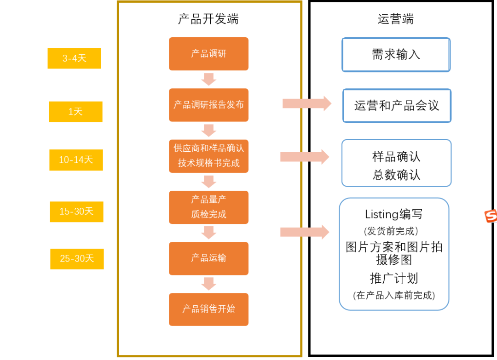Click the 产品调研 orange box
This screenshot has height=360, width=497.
(208, 54)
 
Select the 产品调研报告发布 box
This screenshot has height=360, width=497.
(208, 105)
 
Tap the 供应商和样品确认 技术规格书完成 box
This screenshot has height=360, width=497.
(208, 156)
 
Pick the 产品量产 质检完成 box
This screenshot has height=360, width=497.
(208, 207)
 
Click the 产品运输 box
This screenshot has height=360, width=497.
(208, 258)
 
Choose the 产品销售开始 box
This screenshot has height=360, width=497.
(208, 309)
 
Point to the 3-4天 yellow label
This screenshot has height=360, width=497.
(74, 58)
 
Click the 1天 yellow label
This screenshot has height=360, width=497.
(75, 112)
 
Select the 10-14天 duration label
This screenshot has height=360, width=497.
(76, 160)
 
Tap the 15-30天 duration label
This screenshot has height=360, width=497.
(76, 211)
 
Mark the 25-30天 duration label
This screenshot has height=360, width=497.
(77, 259)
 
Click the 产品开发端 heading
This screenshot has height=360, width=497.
(208, 19)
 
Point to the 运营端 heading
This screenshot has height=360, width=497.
(395, 19)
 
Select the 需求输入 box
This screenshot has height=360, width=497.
(396, 55)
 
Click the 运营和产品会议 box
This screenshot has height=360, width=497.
(397, 106)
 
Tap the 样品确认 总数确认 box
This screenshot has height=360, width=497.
(396, 163)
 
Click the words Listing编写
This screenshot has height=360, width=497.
(393, 214)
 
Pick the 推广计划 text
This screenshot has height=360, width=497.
(394, 278)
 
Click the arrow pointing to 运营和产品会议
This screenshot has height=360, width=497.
(306, 103)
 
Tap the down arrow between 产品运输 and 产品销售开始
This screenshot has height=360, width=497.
(208, 283)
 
